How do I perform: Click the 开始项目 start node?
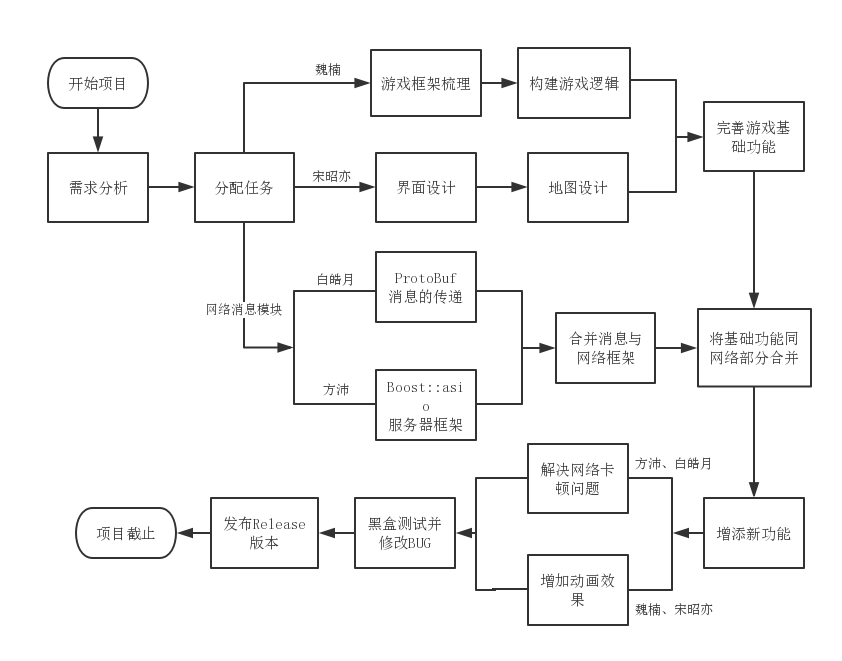(98, 83)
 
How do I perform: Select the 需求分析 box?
(98, 187)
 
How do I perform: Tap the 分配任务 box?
(244, 187)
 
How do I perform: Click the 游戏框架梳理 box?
(426, 84)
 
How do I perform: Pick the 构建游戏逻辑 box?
(574, 83)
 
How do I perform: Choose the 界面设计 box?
(426, 187)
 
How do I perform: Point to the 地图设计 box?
(578, 187)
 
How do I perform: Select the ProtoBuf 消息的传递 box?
(426, 287)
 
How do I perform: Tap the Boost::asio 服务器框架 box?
(426, 404)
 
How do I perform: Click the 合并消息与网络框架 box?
(606, 348)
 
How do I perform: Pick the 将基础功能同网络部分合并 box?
(754, 348)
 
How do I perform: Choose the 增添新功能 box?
(753, 533)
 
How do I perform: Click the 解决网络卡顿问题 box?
(578, 479)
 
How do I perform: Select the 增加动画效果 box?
(578, 590)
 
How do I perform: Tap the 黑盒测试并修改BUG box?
(405, 533)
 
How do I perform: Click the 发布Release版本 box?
(264, 533)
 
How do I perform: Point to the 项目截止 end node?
(126, 533)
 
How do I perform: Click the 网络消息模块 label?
(244, 310)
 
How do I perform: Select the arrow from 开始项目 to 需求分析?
(98, 130)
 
